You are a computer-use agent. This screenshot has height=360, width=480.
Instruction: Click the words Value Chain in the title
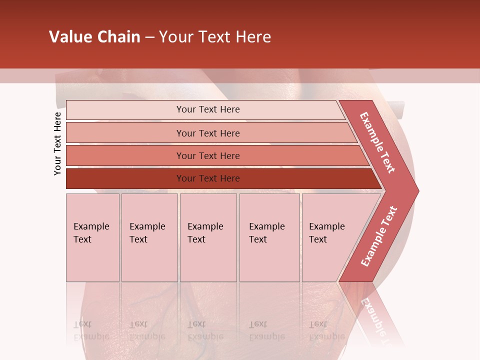[94, 37]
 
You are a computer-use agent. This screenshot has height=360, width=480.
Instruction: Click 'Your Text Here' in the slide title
[215, 37]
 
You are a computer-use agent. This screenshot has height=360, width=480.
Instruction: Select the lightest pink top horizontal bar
[125, 110]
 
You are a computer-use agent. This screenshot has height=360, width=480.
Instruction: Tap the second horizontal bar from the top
[125, 133]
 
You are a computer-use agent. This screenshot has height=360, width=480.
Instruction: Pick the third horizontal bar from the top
[125, 155]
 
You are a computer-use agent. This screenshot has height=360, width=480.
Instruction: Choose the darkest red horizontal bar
[125, 178]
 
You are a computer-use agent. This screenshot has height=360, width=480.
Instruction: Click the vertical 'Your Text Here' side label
[57, 143]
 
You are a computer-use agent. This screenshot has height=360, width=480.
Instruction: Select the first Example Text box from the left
[92, 237]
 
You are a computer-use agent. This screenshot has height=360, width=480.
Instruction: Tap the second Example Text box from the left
[149, 237]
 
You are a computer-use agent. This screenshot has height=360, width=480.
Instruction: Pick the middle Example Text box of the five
[208, 237]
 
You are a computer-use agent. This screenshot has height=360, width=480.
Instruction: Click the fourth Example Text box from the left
[269, 237]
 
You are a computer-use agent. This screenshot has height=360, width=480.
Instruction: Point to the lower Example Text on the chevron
[379, 236]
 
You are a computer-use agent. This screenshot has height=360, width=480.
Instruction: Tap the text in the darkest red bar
[208, 178]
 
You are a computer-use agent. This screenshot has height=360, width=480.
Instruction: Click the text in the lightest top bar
[208, 109]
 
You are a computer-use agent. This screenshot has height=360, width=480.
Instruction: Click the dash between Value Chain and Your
[149, 37]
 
